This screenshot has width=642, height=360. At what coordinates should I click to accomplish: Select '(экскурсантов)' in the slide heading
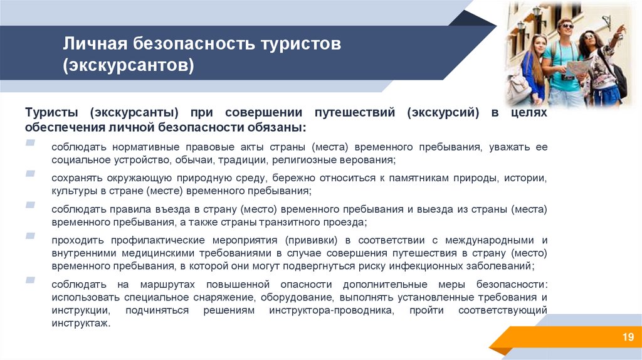coord(128,65)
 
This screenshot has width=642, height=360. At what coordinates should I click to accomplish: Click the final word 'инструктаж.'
coord(81,324)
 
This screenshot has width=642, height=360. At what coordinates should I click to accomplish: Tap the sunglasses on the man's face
coord(565,27)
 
